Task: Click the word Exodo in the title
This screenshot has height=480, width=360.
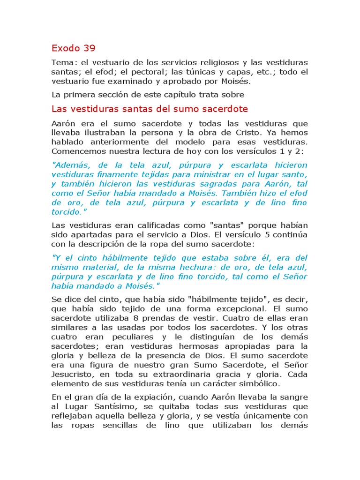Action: [65, 48]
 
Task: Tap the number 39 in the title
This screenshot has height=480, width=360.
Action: [89, 48]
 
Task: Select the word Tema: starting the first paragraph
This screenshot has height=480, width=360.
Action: [64, 63]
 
